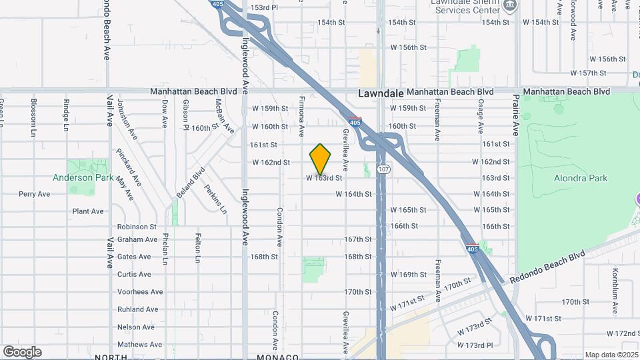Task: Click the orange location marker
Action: coord(321,159)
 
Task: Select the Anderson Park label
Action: coord(81,178)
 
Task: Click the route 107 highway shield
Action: coord(381,170)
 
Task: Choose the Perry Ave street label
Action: coord(35,194)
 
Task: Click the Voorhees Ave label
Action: coord(140,292)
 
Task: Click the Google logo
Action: coord(22,352)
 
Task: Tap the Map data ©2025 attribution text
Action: coord(611,355)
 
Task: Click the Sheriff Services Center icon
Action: coord(510,6)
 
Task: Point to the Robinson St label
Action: coord(137,227)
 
